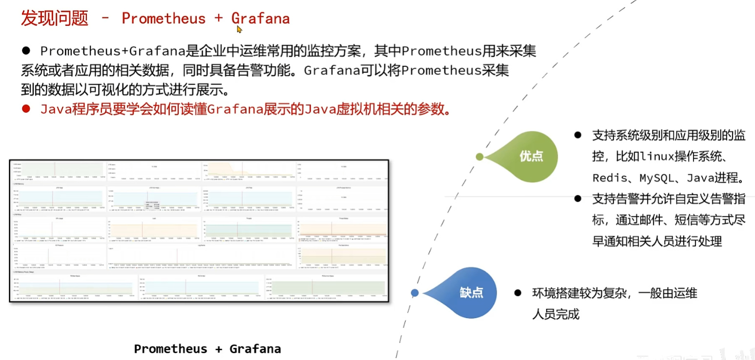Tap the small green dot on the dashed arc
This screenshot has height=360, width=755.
480,157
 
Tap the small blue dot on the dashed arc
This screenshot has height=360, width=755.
415,293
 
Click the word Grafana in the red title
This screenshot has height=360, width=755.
260,19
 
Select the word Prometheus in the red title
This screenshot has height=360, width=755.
164,19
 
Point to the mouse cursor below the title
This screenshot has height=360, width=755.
239,29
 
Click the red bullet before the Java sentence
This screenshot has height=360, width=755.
26,108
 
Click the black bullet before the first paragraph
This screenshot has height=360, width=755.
26,50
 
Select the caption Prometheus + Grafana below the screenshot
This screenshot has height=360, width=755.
208,349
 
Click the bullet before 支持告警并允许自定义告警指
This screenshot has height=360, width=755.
578,198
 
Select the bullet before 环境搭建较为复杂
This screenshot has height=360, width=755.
518,293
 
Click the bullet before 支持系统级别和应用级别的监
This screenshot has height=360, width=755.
578,134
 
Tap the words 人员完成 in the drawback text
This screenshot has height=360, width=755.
555,314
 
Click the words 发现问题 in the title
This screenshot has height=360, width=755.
54,19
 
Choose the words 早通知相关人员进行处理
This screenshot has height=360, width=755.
657,241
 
